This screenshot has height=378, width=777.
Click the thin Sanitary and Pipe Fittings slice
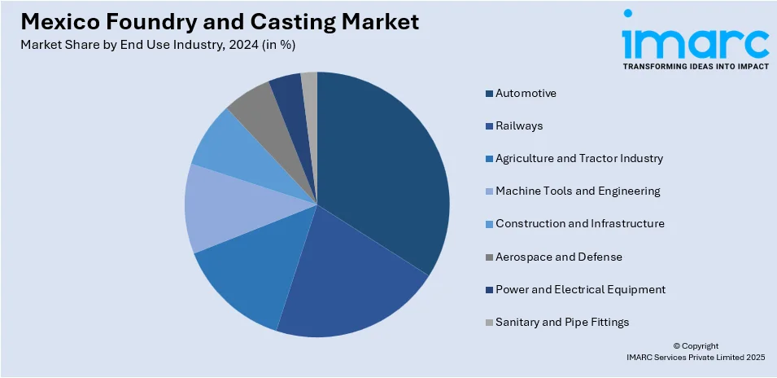point(310,86)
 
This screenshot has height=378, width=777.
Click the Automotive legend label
point(526,93)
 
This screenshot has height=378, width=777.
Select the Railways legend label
point(518,126)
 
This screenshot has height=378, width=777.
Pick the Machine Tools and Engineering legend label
point(578,191)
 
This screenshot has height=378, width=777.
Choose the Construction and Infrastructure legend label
point(579,224)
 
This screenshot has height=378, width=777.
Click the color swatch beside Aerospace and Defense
point(489,257)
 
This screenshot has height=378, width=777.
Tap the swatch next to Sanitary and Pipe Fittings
point(489,323)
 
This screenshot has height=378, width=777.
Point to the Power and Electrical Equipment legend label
point(580,290)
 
